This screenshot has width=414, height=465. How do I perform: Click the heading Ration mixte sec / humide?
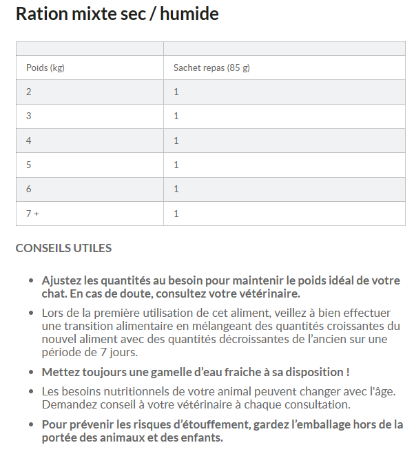[117, 14]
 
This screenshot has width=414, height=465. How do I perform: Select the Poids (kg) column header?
[45, 68]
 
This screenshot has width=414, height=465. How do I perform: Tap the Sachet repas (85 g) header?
[216, 68]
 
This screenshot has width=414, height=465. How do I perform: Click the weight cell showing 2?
[29, 92]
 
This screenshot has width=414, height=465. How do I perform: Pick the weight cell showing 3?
[29, 116]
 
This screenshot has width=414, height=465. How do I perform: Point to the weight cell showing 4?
[29, 141]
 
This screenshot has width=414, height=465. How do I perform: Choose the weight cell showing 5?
[29, 165]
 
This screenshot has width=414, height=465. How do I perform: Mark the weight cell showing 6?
[29, 189]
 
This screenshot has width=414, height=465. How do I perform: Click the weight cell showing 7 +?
[32, 214]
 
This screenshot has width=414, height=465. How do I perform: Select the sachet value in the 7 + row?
[176, 214]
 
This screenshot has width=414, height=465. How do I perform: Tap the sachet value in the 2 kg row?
[176, 92]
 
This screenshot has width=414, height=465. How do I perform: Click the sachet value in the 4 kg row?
[176, 141]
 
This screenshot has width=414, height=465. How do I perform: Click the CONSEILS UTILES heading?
[63, 248]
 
